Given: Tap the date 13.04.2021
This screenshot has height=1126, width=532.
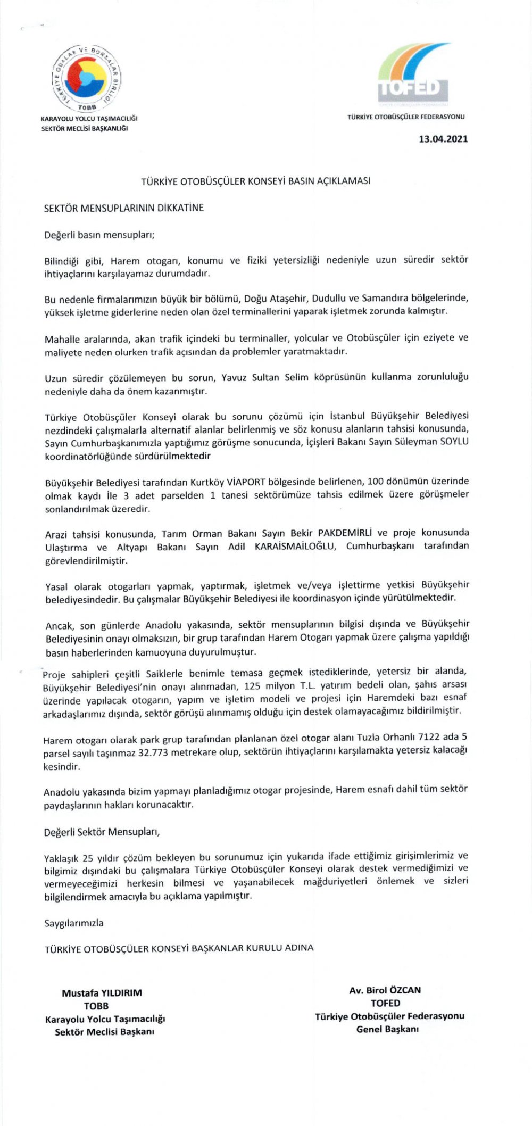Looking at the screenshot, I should click(443, 139).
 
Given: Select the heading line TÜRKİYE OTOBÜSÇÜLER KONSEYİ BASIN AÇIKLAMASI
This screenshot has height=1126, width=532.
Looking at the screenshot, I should click(255, 181).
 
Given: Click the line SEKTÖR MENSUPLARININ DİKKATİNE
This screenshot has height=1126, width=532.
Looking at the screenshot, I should click(124, 208).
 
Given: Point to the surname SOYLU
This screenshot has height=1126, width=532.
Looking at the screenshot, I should click(454, 442).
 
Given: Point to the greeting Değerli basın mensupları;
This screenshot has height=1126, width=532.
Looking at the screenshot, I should click(99, 235).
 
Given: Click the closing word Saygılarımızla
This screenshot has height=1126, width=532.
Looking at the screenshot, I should click(74, 923).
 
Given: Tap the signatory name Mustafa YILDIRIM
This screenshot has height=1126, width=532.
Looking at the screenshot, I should click(102, 993).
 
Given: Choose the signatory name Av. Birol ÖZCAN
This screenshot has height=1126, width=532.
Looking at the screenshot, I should click(385, 990).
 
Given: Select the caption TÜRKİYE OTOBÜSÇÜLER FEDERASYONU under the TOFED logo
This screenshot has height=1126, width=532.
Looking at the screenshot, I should click(406, 117).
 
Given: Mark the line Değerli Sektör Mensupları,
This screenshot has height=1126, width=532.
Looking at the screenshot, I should click(102, 832).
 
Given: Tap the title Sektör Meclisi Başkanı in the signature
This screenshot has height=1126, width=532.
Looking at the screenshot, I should click(104, 1032).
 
